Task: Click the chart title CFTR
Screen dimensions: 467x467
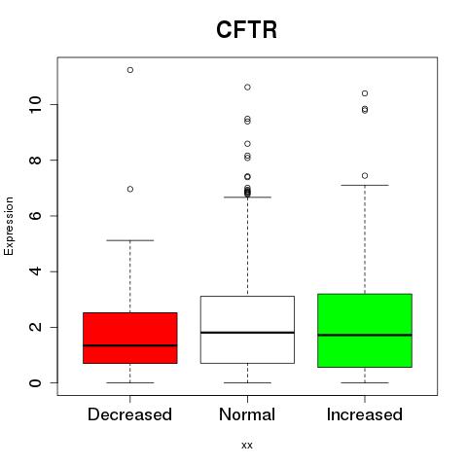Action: pos(246,30)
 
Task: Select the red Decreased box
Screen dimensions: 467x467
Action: pos(130,338)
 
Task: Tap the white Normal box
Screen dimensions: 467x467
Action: pos(247,330)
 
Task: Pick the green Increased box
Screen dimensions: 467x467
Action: pos(365,331)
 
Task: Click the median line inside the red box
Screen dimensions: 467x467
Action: pos(130,345)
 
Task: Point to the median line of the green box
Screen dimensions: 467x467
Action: pos(365,335)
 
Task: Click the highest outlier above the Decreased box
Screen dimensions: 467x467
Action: pos(130,70)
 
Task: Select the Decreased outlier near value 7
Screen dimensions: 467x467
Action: pos(130,189)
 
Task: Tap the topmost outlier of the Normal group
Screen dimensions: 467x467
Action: pos(247,88)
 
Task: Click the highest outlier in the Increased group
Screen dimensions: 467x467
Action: pos(365,93)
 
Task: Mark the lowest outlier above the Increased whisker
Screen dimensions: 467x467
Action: pos(365,176)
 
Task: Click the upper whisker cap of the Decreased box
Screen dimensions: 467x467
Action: pos(130,240)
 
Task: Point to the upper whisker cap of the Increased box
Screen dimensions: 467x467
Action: pos(365,185)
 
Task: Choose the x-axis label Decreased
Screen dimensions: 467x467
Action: pos(129,414)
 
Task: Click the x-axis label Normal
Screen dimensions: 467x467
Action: pos(247,414)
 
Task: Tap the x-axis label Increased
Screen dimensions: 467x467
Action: pos(365,414)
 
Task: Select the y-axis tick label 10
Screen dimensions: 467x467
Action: pos(36,104)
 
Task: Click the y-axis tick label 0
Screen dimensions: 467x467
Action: pos(36,382)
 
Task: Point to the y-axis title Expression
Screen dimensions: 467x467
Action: pos(9,226)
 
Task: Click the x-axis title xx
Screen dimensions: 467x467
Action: pos(247,446)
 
